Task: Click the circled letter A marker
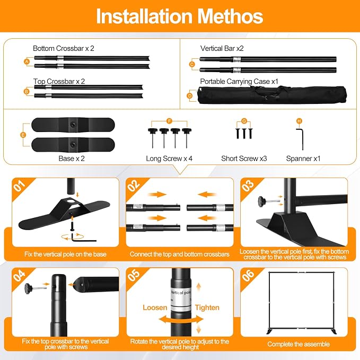(27, 62)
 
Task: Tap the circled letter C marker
(192, 65)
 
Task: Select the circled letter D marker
(190, 95)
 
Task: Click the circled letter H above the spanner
(299, 121)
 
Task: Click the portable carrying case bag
(272, 95)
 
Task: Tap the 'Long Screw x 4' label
(169, 159)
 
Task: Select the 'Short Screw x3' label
(244, 159)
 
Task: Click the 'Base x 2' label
(72, 159)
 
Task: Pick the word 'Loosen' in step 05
(155, 308)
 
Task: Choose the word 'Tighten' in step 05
(207, 308)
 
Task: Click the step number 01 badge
(19, 186)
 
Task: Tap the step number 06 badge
(248, 275)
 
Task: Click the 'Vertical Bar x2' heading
(222, 48)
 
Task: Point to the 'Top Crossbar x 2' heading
(59, 81)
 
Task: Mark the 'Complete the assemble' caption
(298, 344)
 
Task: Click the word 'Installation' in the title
(144, 16)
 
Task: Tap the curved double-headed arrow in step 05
(181, 319)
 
